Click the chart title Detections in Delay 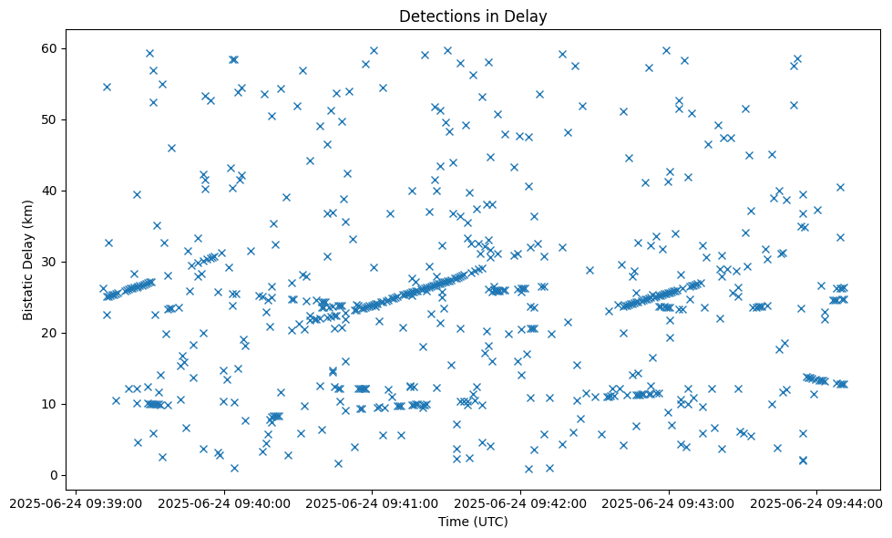[x=473, y=16]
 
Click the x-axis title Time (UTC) [x=473, y=522]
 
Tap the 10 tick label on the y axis [x=51, y=404]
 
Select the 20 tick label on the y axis [x=51, y=333]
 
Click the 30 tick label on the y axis [x=51, y=262]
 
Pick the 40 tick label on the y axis [x=51, y=191]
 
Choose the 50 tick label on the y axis [x=51, y=119]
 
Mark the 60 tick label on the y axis [x=51, y=48]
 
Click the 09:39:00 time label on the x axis [x=77, y=502]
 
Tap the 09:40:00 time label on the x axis [x=225, y=502]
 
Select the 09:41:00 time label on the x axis [x=373, y=502]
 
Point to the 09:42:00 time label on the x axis [x=521, y=502]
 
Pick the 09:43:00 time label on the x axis [x=669, y=502]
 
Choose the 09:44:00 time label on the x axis [x=816, y=502]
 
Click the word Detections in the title [x=434, y=16]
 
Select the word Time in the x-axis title [x=453, y=522]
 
